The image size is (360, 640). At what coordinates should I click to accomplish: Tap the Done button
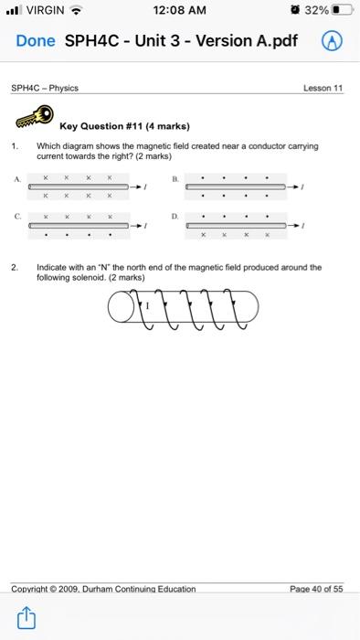click(x=36, y=41)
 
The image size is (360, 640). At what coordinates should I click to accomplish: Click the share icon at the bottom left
click(x=26, y=621)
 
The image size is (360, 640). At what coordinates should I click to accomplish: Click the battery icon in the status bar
click(x=343, y=11)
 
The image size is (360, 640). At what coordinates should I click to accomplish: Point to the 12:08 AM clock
click(x=180, y=11)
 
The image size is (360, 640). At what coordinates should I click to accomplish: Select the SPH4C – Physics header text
click(x=45, y=88)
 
